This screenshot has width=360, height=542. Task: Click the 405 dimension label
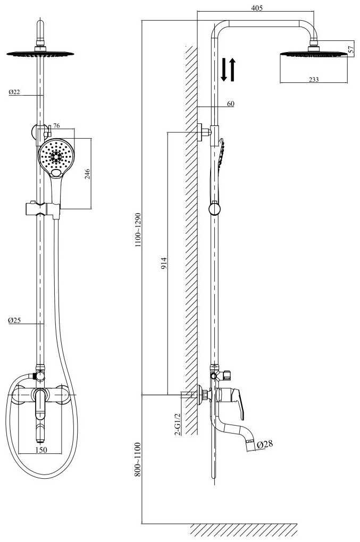[257, 7]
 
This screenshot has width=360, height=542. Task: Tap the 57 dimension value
[351, 49]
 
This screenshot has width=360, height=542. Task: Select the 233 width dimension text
[313, 80]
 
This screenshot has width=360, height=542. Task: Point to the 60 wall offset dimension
[231, 104]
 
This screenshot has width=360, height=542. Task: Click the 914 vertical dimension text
[164, 264]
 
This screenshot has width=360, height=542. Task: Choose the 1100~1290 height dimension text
[138, 230]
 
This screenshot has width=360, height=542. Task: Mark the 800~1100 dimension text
[138, 460]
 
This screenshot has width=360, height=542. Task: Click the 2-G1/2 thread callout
[178, 424]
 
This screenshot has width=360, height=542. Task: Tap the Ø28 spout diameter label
[265, 444]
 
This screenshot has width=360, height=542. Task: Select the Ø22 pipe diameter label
[14, 92]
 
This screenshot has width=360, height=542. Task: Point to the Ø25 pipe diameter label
[14, 320]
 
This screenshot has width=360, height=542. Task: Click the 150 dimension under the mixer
[41, 450]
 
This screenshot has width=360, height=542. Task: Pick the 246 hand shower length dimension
[88, 174]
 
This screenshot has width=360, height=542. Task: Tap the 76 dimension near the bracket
[56, 125]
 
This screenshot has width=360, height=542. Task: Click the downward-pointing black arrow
[224, 70]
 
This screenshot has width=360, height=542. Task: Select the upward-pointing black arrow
[232, 70]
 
